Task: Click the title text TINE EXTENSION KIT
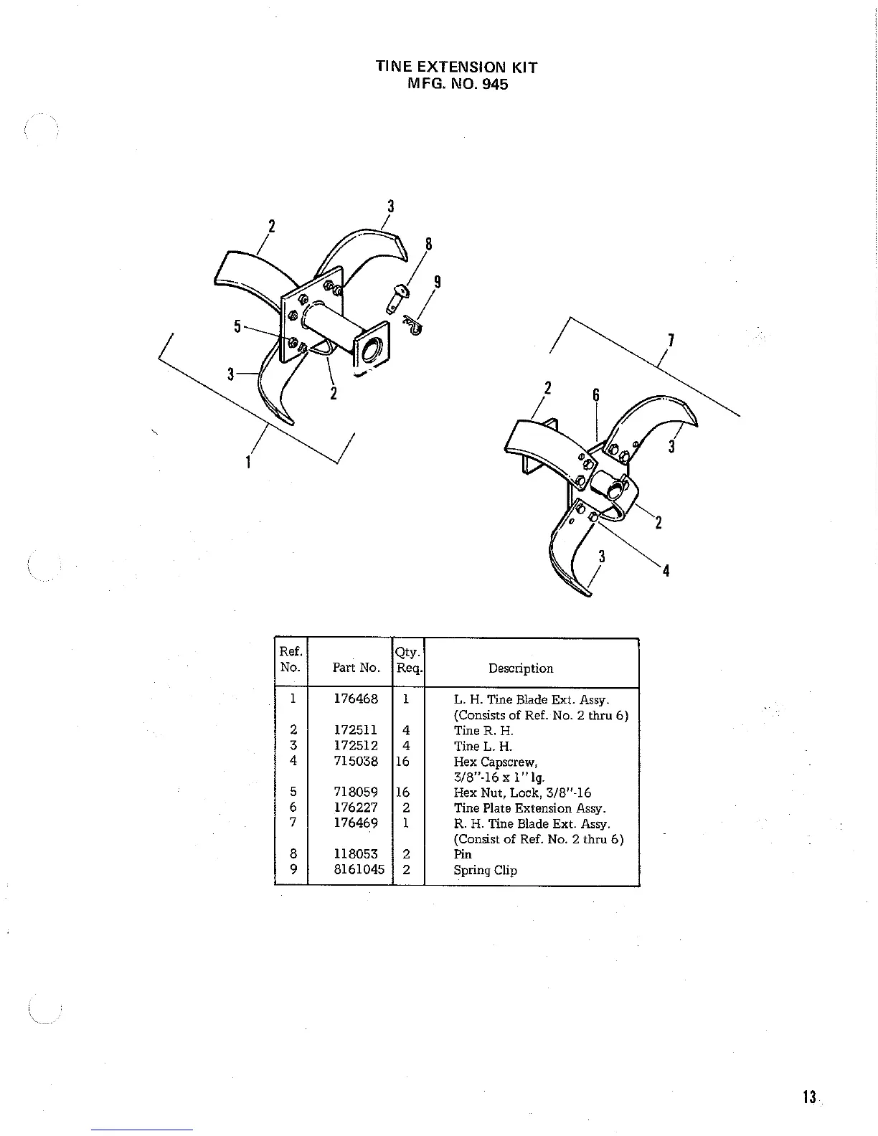click(x=456, y=67)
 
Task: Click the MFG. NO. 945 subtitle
click(x=457, y=84)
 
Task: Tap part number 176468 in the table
click(x=356, y=699)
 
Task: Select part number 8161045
click(x=359, y=869)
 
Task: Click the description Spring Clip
click(x=485, y=870)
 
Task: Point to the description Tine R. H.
click(x=483, y=731)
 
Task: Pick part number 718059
click(x=356, y=792)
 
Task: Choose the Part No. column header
click(x=356, y=668)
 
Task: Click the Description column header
click(x=521, y=668)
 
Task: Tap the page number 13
click(x=810, y=1097)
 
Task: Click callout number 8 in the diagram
click(x=428, y=245)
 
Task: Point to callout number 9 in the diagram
click(x=437, y=282)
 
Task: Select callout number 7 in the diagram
click(x=670, y=341)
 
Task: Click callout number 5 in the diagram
click(x=237, y=327)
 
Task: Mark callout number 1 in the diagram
click(x=247, y=462)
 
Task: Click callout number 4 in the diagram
click(x=666, y=571)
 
